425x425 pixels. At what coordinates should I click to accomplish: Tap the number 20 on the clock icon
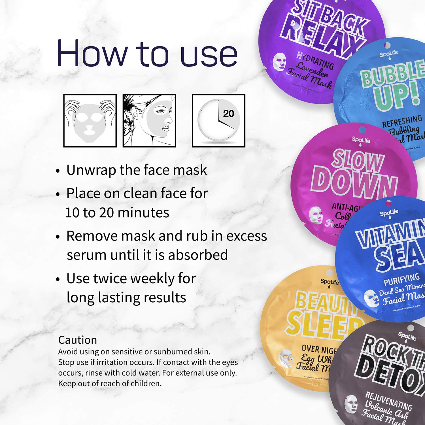click(x=228, y=114)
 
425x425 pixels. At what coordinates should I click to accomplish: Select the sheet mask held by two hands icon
click(x=90, y=121)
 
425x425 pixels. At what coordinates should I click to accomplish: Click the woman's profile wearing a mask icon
click(x=149, y=121)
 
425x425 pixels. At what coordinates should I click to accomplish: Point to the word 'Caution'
click(x=77, y=340)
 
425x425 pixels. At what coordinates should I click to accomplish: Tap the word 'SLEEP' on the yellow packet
click(x=323, y=326)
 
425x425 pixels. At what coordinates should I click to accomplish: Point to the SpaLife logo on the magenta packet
click(x=361, y=140)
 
